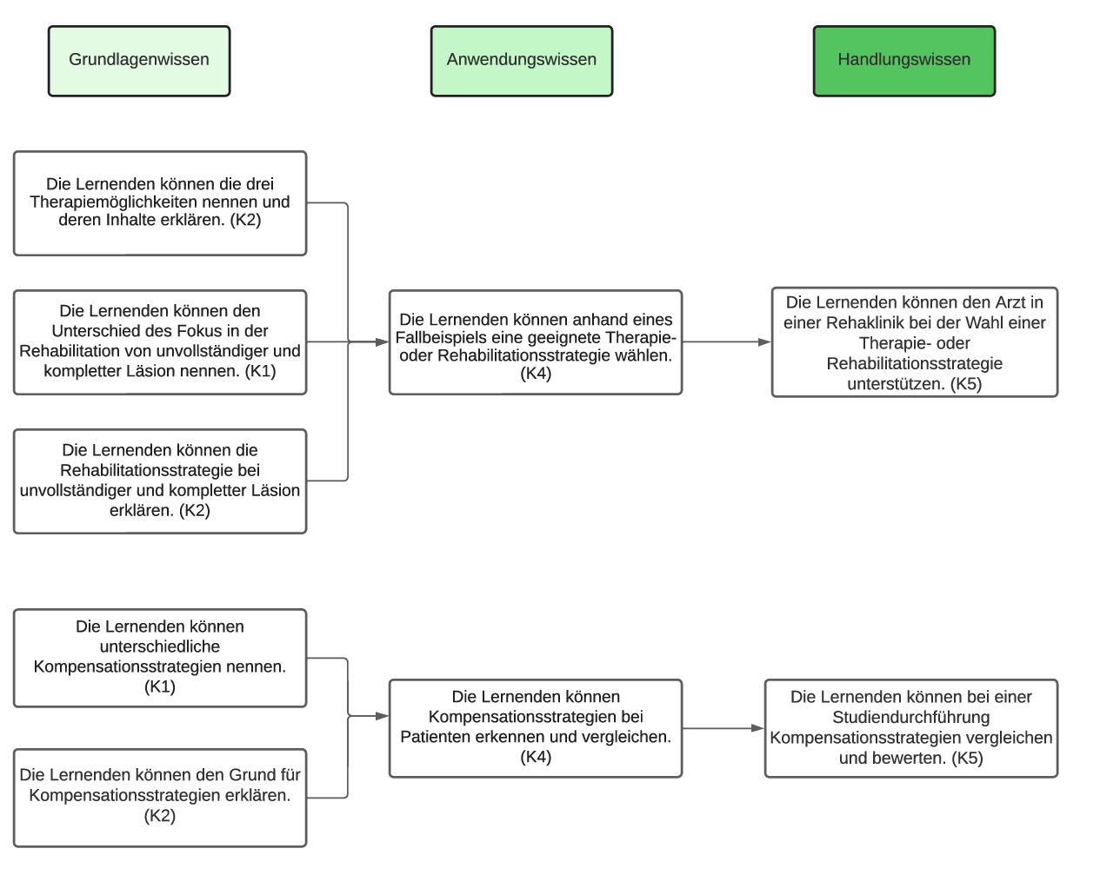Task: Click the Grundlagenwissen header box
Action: pos(139,61)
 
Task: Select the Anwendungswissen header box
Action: pos(522,61)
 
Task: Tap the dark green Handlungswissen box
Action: pos(903,61)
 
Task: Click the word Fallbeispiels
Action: pos(441,338)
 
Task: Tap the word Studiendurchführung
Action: pos(911,717)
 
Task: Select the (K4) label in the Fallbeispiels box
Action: pos(536,374)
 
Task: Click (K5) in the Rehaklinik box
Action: pos(966,383)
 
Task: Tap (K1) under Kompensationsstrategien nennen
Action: pos(159,686)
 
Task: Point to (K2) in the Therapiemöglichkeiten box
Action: pos(245,220)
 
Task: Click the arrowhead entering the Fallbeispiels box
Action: pos(383,341)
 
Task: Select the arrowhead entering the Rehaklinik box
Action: pos(764,341)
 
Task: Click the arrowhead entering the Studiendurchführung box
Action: pos(757,728)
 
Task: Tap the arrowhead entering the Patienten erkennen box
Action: pos(383,716)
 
